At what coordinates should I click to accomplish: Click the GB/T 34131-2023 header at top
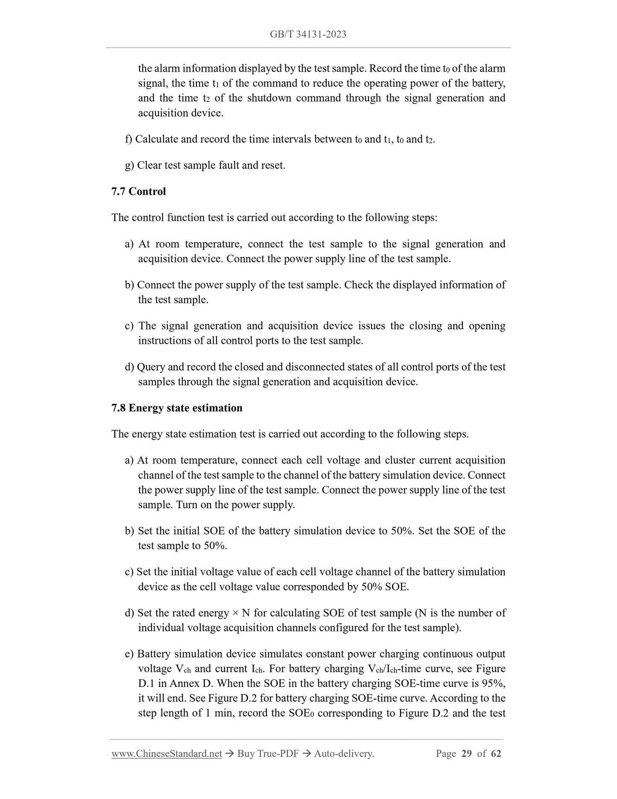coord(308,34)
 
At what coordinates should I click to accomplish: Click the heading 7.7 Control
coord(138,191)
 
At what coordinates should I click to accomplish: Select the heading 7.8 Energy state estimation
coord(177,408)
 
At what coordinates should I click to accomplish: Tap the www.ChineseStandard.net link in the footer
coord(167,753)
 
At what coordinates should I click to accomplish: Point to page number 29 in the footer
coord(467,753)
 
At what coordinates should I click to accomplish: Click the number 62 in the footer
coord(496,753)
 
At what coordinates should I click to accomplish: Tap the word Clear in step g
coord(149,165)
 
